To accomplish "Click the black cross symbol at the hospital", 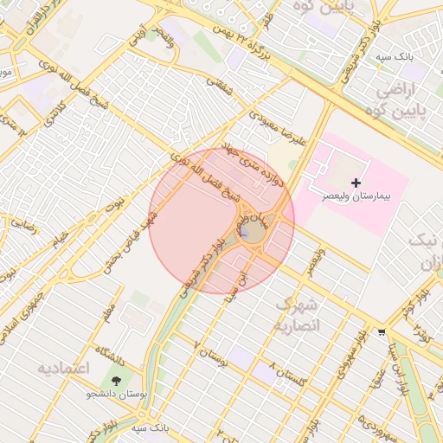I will (356, 183).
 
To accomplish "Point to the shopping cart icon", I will (382, 332).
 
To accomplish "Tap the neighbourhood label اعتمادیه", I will (63, 369).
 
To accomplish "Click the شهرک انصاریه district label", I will (297, 316).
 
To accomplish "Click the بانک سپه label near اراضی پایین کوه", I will (394, 57).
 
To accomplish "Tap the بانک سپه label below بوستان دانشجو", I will (149, 428).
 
